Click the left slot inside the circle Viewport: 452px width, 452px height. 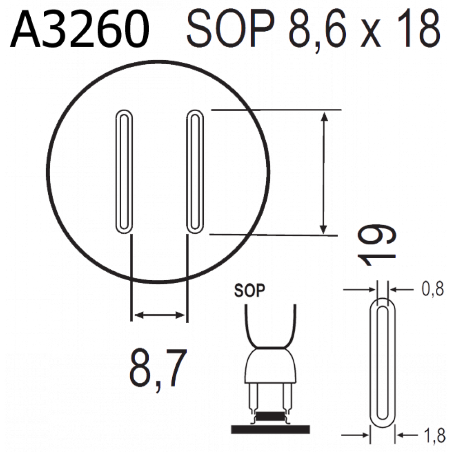point(124,171)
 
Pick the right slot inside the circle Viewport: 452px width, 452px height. point(195,171)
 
